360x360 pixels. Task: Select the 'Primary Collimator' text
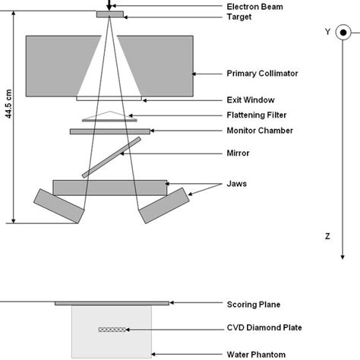(261, 74)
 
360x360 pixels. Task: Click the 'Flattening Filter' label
(257, 115)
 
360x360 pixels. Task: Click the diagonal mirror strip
(111, 157)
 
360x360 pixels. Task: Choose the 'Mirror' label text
(238, 153)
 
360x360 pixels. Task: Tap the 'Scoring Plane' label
(254, 305)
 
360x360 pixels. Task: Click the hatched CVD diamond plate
(112, 329)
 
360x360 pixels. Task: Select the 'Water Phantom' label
(255, 353)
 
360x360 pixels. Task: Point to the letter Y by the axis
(327, 32)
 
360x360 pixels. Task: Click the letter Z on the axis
(327, 236)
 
